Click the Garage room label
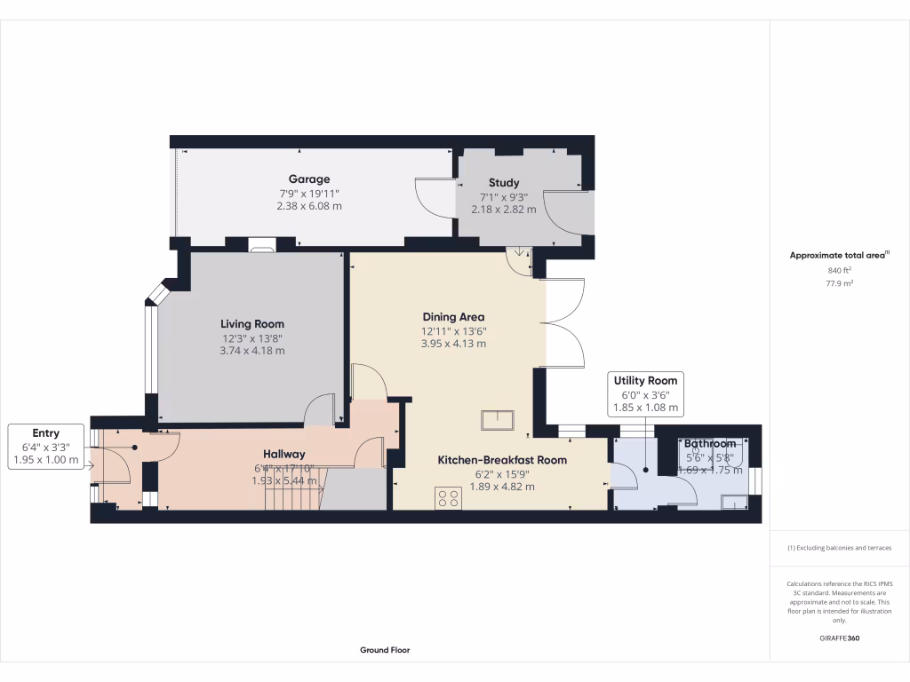(308, 178)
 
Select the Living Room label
(252, 324)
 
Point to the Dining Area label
(453, 317)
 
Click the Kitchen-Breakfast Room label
(502, 460)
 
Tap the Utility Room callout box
(646, 394)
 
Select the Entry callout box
(46, 447)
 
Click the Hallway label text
(284, 454)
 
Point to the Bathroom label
(709, 443)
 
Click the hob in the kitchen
(448, 499)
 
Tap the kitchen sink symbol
(498, 419)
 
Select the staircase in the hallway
(293, 488)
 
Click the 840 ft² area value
(839, 270)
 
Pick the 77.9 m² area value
(839, 284)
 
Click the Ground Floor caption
(385, 650)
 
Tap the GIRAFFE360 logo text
(839, 638)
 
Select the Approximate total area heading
(839, 255)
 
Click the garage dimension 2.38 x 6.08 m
(308, 206)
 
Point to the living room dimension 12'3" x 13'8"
(252, 338)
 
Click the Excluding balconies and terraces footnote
(839, 548)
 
